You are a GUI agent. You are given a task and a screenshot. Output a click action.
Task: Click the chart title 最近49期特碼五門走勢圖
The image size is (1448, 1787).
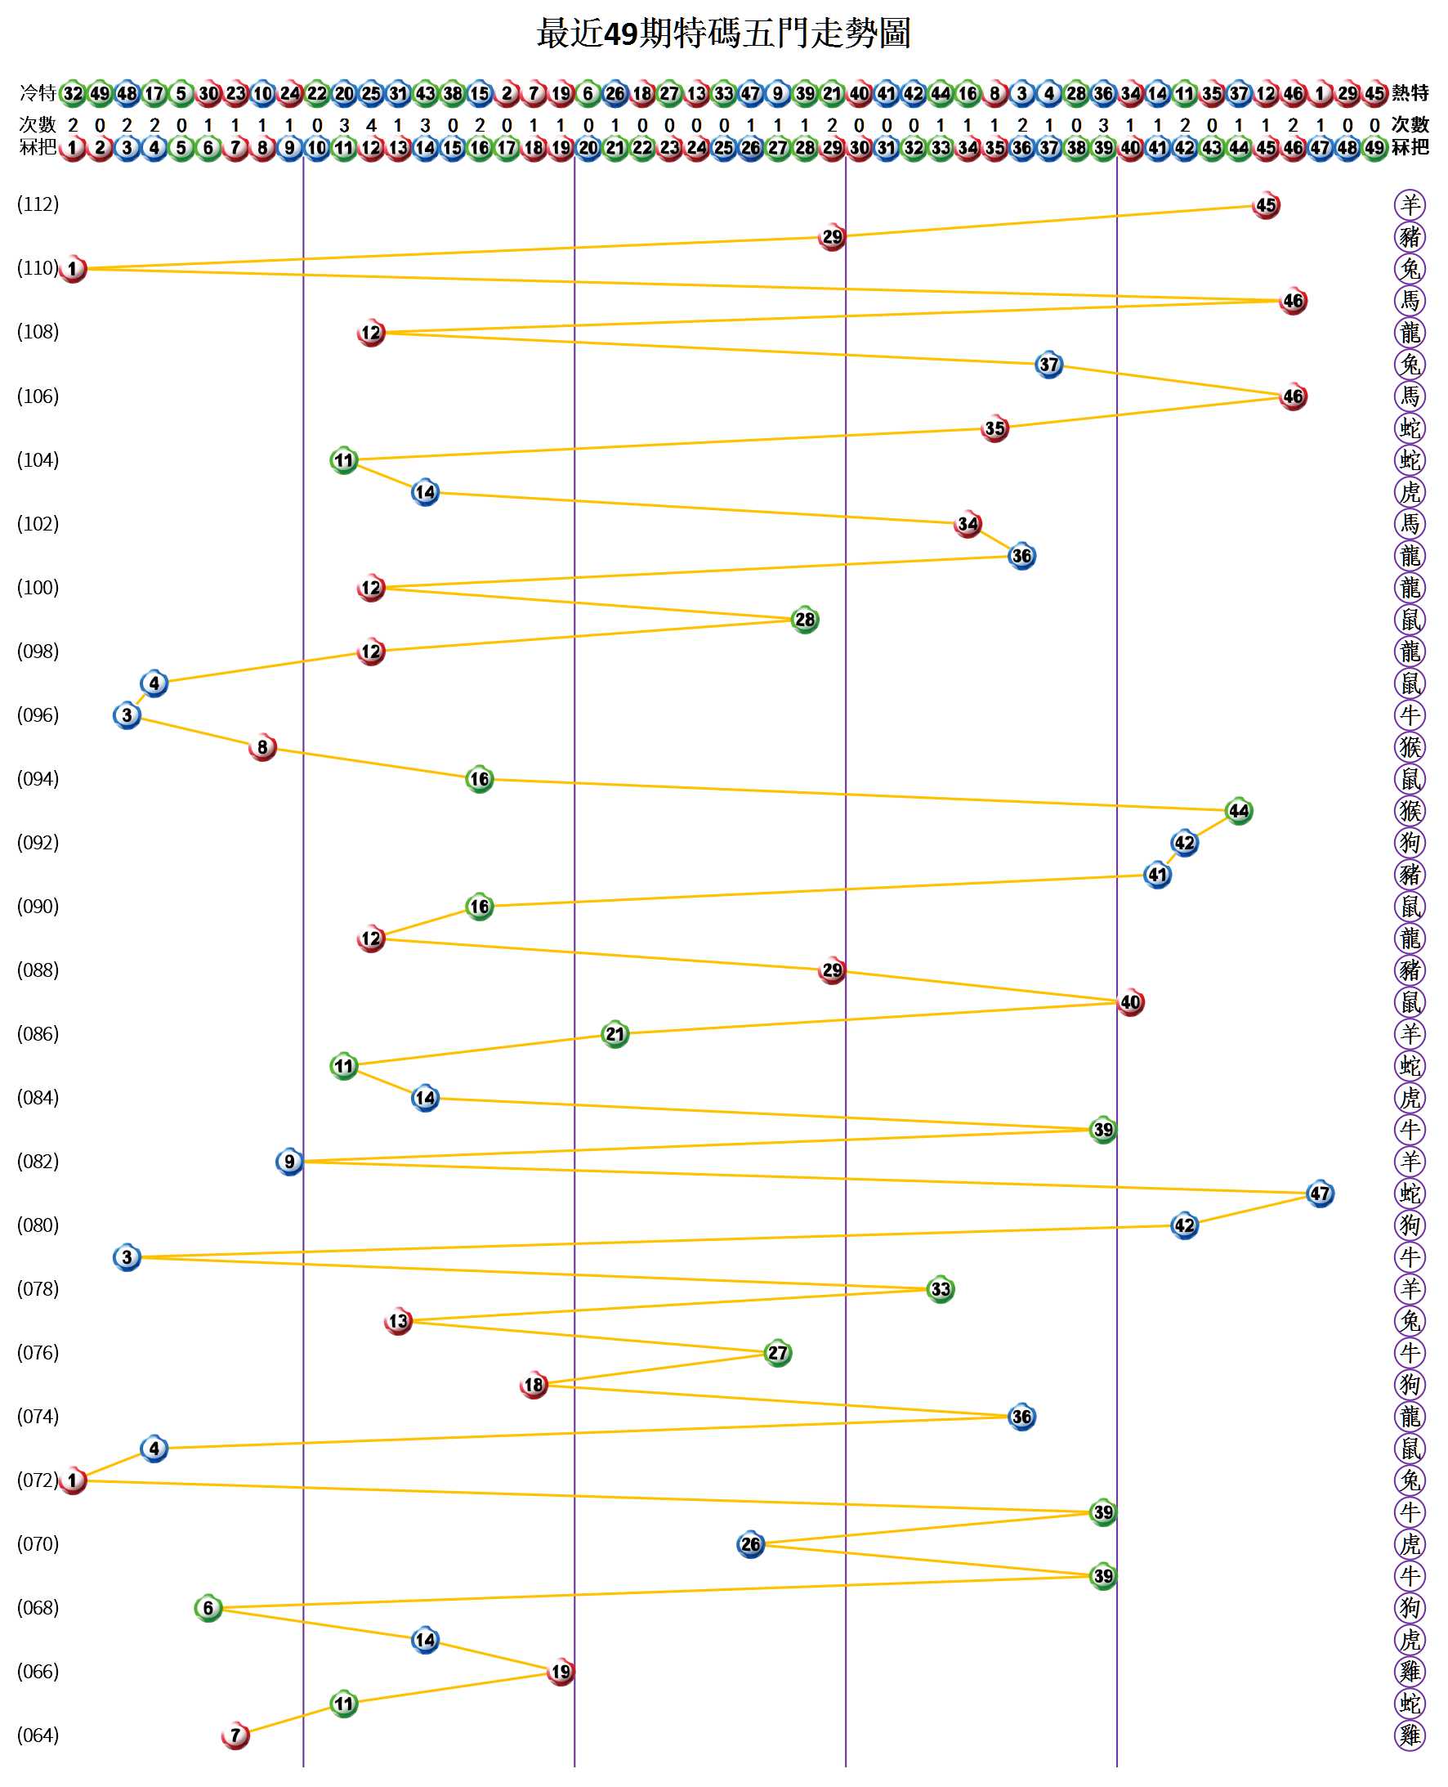click(x=723, y=34)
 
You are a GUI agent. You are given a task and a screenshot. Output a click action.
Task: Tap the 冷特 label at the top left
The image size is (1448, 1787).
click(x=38, y=92)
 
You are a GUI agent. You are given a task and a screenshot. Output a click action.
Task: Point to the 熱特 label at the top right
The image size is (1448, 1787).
click(x=1410, y=92)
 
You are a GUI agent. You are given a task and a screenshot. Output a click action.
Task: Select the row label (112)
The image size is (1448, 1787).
click(x=38, y=204)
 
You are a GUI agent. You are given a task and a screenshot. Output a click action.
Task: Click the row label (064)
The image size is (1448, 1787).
click(x=38, y=1735)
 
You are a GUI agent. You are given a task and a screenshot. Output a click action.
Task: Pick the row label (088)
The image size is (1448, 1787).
click(x=38, y=970)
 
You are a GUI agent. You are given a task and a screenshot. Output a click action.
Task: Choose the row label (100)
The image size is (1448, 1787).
click(x=38, y=587)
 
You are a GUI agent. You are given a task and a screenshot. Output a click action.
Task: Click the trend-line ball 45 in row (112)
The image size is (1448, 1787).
click(x=1265, y=205)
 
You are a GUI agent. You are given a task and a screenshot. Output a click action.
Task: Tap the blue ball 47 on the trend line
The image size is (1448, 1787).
click(x=1320, y=1194)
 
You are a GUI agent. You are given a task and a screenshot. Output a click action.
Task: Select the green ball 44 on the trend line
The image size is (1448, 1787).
click(x=1239, y=811)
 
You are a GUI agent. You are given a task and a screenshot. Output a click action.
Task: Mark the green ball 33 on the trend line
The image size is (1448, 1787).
click(x=940, y=1289)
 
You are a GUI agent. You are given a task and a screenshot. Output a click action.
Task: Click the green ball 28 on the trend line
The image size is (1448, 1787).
click(x=805, y=620)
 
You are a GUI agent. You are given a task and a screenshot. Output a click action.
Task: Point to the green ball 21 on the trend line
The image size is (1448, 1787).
click(x=615, y=1034)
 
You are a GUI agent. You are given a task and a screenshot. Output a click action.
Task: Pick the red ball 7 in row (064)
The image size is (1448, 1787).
click(x=235, y=1736)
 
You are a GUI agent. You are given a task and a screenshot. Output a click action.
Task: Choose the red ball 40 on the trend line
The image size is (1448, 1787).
click(x=1130, y=1002)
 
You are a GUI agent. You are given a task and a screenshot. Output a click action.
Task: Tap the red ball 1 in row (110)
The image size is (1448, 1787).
click(x=74, y=269)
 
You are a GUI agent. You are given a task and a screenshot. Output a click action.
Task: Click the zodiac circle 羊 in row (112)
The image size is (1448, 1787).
click(x=1410, y=204)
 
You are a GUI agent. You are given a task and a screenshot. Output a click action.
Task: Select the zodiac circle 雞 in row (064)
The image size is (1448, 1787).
click(x=1410, y=1735)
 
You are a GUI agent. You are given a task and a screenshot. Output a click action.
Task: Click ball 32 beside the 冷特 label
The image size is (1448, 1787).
click(x=74, y=92)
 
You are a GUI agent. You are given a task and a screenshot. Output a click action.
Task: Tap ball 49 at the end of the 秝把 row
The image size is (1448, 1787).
click(x=1374, y=149)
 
